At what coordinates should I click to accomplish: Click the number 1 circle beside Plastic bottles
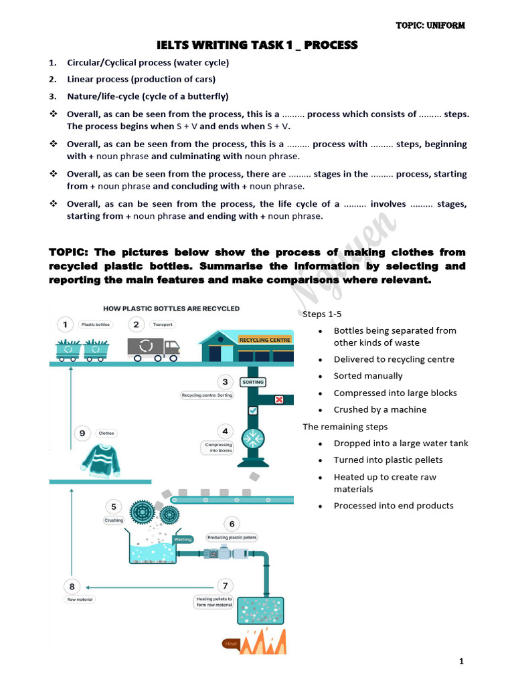pyautogui.click(x=65, y=324)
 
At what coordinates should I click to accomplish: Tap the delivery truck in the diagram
pyautogui.click(x=153, y=347)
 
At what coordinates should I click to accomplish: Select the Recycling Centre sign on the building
pyautogui.click(x=265, y=340)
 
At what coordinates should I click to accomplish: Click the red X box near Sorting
pyautogui.click(x=279, y=399)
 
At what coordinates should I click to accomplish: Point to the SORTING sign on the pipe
pyautogui.click(x=253, y=382)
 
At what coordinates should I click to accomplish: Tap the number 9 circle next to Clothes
pyautogui.click(x=82, y=433)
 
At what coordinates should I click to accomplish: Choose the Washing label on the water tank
pyautogui.click(x=183, y=539)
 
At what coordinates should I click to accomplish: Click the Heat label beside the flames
pyautogui.click(x=232, y=644)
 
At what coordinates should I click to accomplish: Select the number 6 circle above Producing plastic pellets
pyautogui.click(x=232, y=524)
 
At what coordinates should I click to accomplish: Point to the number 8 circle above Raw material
pyautogui.click(x=72, y=587)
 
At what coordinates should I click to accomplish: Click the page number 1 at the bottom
pyautogui.click(x=461, y=662)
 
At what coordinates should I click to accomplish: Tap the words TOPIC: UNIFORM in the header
pyautogui.click(x=431, y=25)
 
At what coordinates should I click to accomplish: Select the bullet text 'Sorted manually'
pyautogui.click(x=368, y=376)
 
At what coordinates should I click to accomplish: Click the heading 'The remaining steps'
pyautogui.click(x=345, y=427)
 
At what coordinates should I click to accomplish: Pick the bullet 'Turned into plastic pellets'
pyautogui.click(x=388, y=460)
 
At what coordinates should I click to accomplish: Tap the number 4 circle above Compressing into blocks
pyautogui.click(x=226, y=431)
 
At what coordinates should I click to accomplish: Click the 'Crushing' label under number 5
pyautogui.click(x=114, y=520)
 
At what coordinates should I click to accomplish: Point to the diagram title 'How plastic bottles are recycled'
pyautogui.click(x=171, y=308)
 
